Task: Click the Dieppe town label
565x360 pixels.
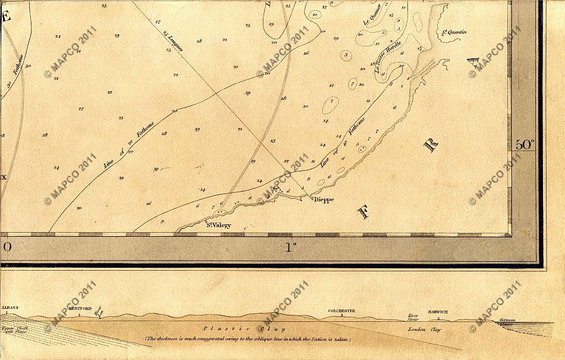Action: coord(324,199)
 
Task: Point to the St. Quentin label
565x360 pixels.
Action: coord(455,32)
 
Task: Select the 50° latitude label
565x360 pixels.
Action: coord(525,144)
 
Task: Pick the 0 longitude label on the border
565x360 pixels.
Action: coord(7,246)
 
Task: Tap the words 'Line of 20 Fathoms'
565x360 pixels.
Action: coord(130,145)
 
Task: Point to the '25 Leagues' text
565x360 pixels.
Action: coord(173,42)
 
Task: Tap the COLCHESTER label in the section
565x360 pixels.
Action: coord(341,311)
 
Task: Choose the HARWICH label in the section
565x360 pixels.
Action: coord(440,311)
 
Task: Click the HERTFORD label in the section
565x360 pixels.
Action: coord(79,311)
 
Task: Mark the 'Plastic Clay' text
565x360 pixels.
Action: coord(243,328)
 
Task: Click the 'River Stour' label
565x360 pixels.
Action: coord(413,317)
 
